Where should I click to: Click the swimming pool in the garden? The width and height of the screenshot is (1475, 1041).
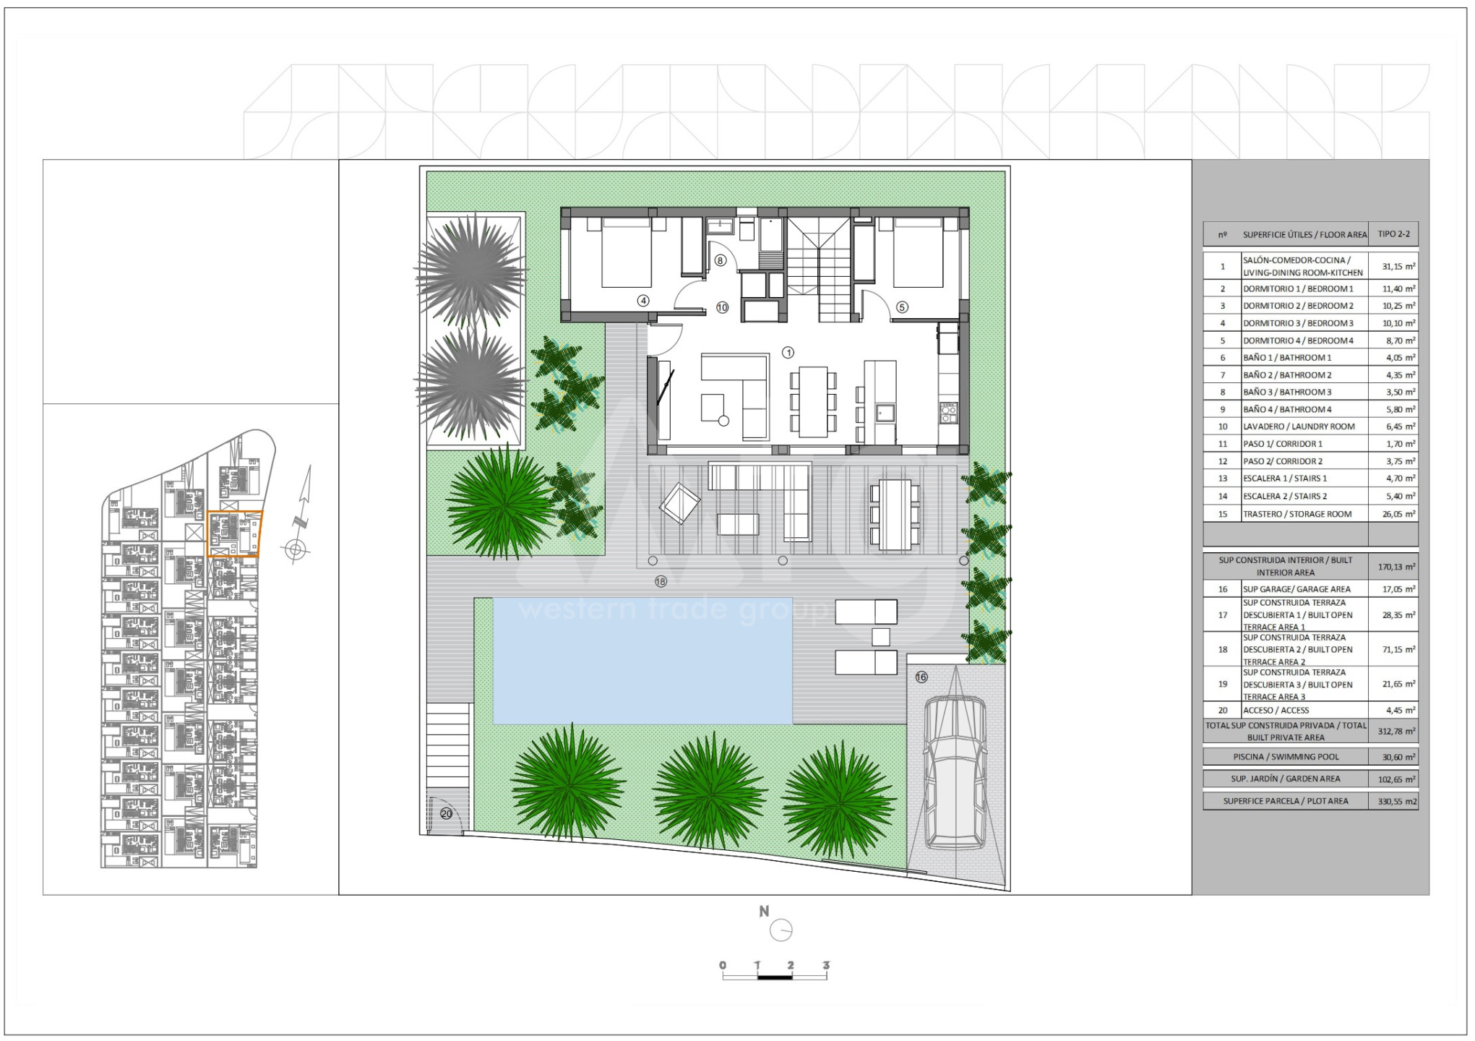(x=642, y=661)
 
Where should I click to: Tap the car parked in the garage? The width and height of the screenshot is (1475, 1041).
(x=955, y=772)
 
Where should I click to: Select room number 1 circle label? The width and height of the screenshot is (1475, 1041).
(x=788, y=353)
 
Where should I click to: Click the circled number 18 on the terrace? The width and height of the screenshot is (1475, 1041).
(x=661, y=581)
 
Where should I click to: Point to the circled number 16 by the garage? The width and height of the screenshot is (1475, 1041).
(x=921, y=677)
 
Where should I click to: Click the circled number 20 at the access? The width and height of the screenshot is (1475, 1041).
(x=447, y=814)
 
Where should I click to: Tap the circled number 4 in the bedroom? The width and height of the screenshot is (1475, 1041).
(x=643, y=301)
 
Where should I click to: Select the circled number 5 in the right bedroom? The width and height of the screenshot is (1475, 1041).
(x=902, y=307)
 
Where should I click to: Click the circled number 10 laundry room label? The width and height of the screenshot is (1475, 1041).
(x=722, y=308)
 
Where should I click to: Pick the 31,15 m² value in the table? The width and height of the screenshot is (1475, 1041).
(x=1398, y=266)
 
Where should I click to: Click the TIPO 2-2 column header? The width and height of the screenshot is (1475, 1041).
(x=1393, y=234)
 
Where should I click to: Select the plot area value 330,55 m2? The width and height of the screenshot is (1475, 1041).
(x=1398, y=802)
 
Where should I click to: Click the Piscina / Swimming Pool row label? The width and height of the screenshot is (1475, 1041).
(x=1286, y=757)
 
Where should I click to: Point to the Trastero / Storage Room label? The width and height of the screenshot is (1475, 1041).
(x=1297, y=514)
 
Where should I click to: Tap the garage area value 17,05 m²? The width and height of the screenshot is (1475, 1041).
(x=1398, y=589)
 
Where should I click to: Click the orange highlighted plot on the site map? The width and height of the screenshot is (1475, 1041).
(x=235, y=534)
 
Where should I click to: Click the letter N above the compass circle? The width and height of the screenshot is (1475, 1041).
(x=764, y=912)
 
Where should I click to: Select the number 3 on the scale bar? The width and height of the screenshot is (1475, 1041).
(x=826, y=965)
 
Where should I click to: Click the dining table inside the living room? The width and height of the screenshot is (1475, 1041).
(x=813, y=402)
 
